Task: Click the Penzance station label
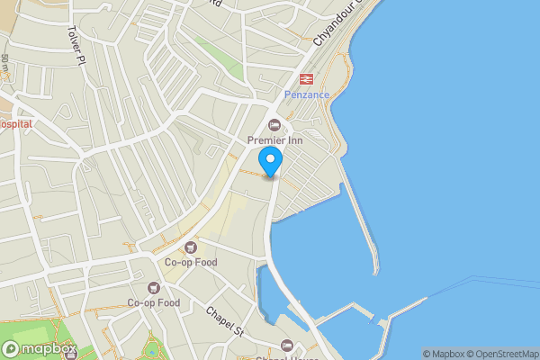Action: pos(307,94)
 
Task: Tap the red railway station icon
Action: pos(305,79)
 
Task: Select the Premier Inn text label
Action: pos(275,139)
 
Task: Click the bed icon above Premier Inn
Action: pos(275,125)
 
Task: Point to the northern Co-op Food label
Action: pos(190,262)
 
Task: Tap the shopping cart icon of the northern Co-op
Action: pos(190,247)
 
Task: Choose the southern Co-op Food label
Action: pos(153,302)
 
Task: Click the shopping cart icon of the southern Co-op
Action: pos(153,288)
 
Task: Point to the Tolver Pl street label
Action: pos(74,43)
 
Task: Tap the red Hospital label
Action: pos(14,123)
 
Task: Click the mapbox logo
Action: pos(40,349)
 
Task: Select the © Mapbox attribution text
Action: pos(444,354)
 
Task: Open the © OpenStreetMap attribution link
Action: pos(503,354)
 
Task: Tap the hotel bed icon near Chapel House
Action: pos(286,346)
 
